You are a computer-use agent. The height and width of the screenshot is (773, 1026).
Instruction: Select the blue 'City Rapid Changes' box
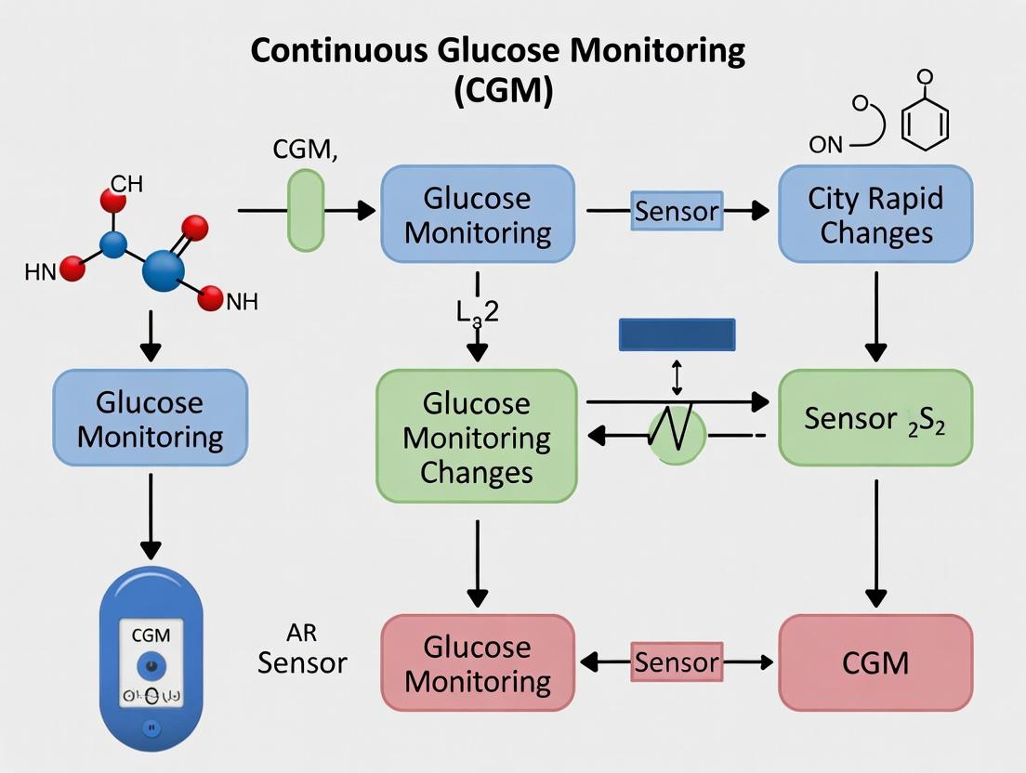coord(875,215)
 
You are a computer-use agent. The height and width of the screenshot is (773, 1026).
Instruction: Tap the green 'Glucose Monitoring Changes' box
coord(476,437)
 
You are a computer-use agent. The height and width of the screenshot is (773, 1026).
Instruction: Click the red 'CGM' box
coord(875,662)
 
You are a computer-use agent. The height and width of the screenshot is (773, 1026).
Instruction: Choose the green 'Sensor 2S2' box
coord(875,418)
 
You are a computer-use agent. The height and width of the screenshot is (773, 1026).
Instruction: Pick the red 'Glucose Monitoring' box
coord(478,662)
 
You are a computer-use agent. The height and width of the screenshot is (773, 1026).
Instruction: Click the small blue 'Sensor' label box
coord(677,211)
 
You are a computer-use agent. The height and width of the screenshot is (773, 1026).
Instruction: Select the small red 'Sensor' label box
coord(677,662)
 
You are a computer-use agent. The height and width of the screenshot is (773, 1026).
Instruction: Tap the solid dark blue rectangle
coord(677,334)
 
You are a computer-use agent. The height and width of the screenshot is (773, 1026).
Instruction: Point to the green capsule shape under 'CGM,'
coord(306,210)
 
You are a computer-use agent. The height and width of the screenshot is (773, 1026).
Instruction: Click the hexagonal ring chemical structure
coord(926,124)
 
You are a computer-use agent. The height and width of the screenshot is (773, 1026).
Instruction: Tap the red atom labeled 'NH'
coord(212,298)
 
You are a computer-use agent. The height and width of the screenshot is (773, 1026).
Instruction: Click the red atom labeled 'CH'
coord(113,201)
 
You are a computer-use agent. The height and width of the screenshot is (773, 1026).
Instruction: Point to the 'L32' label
coord(477,311)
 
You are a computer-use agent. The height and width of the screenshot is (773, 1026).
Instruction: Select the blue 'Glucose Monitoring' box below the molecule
coord(150,418)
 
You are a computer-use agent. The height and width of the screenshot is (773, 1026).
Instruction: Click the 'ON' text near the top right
coord(826,144)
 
